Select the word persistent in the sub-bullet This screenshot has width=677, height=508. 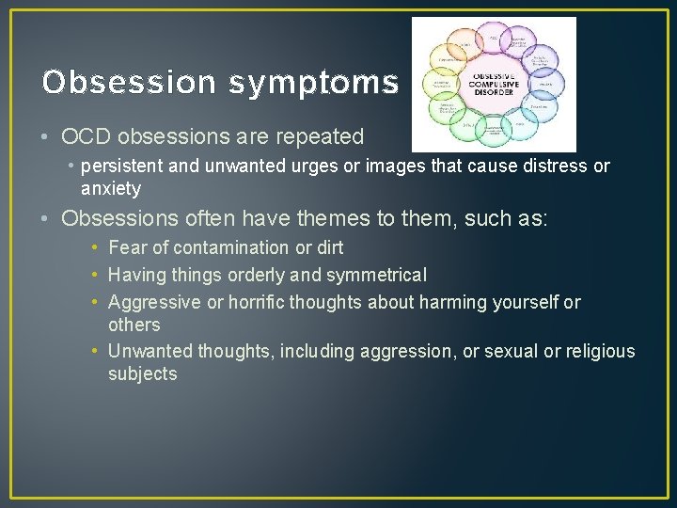click(119, 167)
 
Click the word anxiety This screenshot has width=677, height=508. click(111, 188)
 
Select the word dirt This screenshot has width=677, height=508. click(328, 247)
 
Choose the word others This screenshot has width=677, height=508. click(134, 325)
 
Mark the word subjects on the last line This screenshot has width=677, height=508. click(142, 373)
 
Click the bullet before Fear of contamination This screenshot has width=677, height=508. click(96, 247)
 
